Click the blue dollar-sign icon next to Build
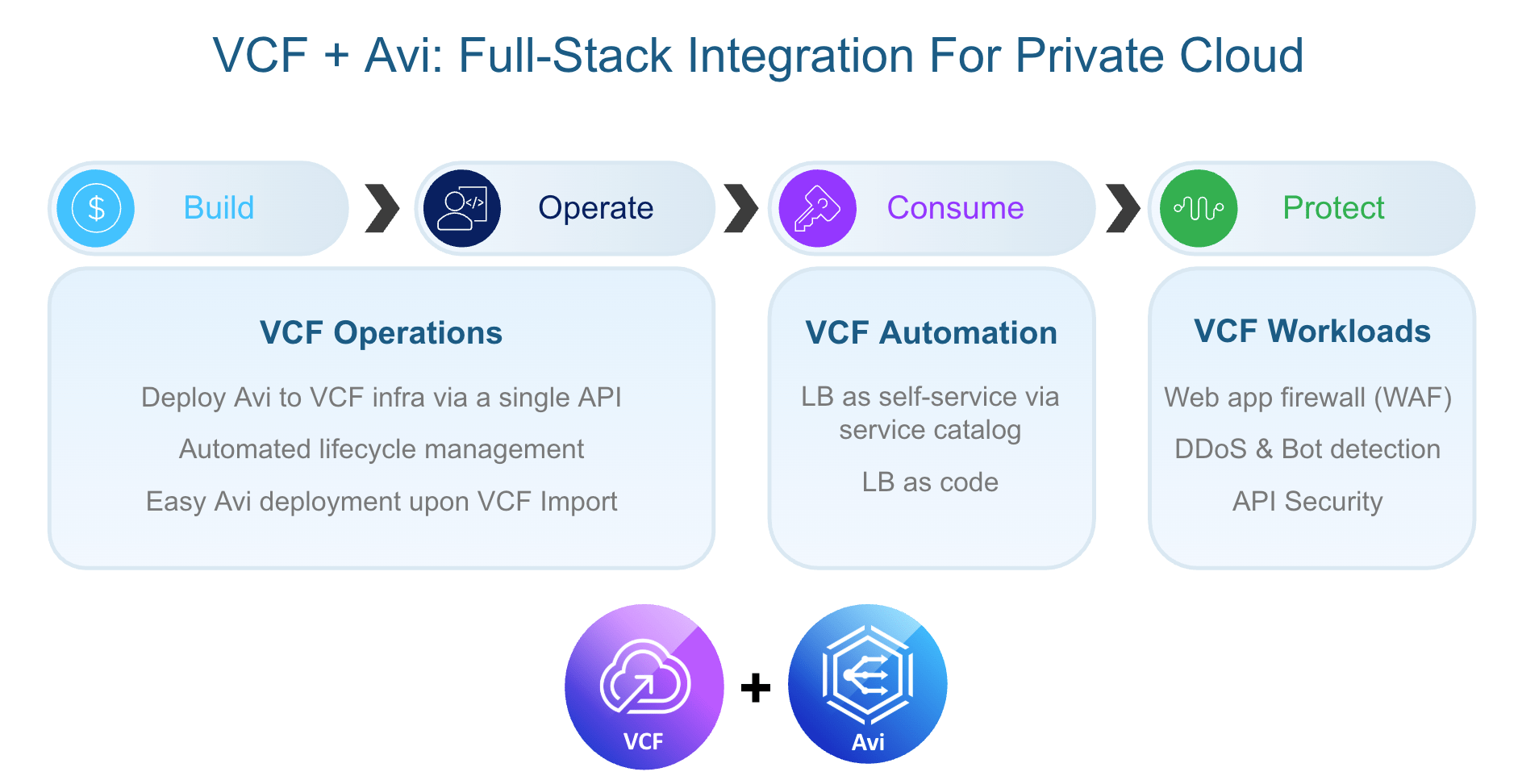pos(96,208)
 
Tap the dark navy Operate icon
pos(462,208)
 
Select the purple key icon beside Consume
pos(817,208)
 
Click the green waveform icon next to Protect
pos(1199,208)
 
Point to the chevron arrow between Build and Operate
pos(382,208)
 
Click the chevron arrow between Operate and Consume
pos(740,208)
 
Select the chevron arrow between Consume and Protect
pos(1123,208)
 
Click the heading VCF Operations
pos(381,332)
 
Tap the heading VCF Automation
pos(931,332)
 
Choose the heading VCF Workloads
pos(1312,331)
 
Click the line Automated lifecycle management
pos(381,449)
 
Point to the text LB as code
pos(930,482)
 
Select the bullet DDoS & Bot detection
pos(1307,449)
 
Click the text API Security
pos(1307,502)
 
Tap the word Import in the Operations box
pos(578,502)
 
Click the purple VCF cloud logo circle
pos(644,686)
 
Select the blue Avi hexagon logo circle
pos(867,684)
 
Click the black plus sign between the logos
pos(756,688)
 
